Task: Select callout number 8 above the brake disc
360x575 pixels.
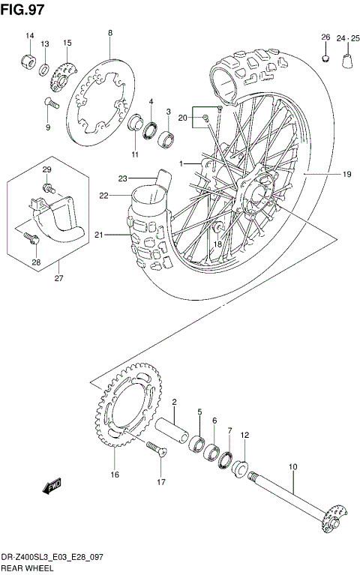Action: coord(109,33)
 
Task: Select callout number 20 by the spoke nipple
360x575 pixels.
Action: coord(183,117)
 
